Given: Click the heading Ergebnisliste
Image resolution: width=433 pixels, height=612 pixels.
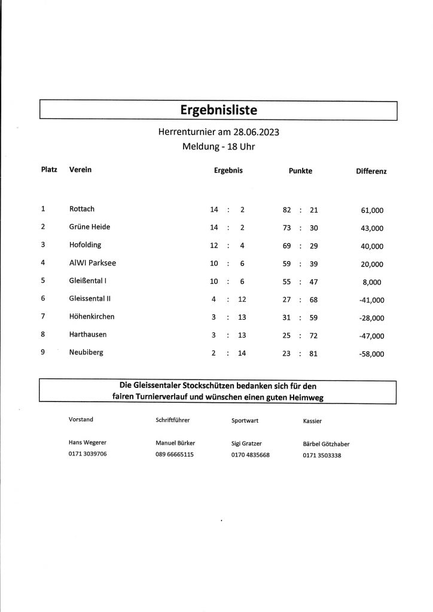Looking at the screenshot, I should [218, 111].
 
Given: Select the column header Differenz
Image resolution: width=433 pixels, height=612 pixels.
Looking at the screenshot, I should [371, 172].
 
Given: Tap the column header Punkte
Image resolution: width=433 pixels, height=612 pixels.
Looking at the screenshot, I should [300, 171].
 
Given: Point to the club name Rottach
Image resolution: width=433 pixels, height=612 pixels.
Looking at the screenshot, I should [82, 209].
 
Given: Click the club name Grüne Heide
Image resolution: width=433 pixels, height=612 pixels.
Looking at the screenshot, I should [90, 227].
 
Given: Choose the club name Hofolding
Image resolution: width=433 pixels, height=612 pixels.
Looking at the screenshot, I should [85, 245].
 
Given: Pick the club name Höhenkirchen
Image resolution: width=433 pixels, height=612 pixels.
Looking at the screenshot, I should [92, 316].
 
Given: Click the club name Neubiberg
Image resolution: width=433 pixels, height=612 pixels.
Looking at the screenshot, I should [86, 353].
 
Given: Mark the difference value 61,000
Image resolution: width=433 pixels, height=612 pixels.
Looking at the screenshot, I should [373, 210].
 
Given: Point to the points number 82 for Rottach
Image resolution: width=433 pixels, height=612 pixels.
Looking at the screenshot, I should [286, 210].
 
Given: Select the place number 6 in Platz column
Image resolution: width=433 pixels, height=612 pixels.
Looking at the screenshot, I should [43, 299].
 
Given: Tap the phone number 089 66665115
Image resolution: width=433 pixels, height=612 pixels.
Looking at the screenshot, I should [174, 455].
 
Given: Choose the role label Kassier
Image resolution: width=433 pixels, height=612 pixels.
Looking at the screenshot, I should [313, 421].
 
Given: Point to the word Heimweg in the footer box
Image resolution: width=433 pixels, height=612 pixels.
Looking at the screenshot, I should [309, 396].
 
